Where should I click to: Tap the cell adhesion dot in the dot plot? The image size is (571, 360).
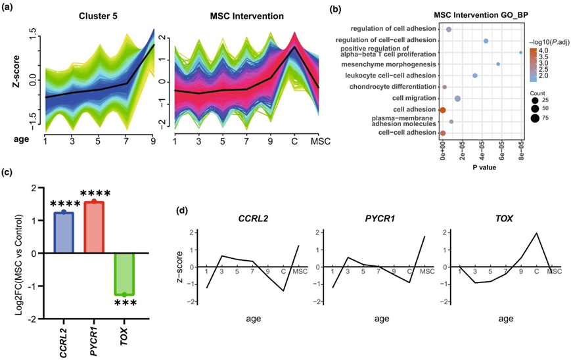click(x=443, y=110)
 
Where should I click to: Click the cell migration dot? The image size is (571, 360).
click(x=457, y=99)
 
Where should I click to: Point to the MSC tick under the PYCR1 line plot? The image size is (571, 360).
click(x=426, y=271)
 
